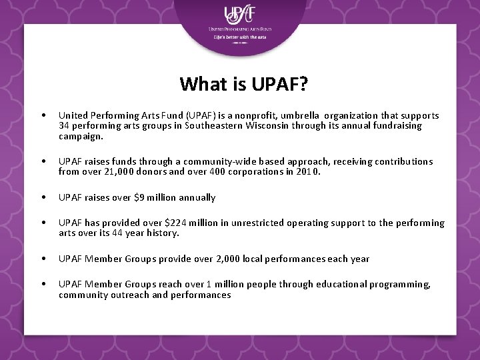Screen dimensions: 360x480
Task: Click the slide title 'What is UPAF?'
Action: (x=243, y=84)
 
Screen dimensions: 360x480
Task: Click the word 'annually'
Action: (x=197, y=197)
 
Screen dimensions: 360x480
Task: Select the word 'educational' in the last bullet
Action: (x=328, y=285)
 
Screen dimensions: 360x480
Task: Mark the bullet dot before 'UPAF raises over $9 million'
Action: (x=43, y=197)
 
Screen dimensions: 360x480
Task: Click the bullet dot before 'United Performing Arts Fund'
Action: (x=43, y=115)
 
